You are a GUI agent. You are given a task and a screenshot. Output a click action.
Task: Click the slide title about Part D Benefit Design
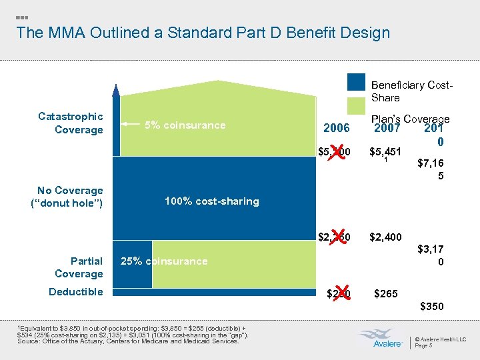tap(203, 33)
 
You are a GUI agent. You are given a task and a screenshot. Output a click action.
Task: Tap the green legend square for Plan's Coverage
tap(356, 106)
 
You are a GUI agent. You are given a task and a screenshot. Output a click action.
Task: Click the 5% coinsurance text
tap(185, 125)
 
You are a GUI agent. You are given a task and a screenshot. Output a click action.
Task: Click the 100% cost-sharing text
tap(211, 201)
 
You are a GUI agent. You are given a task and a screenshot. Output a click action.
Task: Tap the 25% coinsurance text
tap(163, 261)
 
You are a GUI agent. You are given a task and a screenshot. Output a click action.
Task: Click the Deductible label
tap(76, 292)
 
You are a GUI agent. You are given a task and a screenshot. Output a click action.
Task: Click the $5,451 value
tap(386, 153)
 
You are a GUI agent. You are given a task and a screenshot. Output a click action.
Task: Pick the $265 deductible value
tap(386, 293)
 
